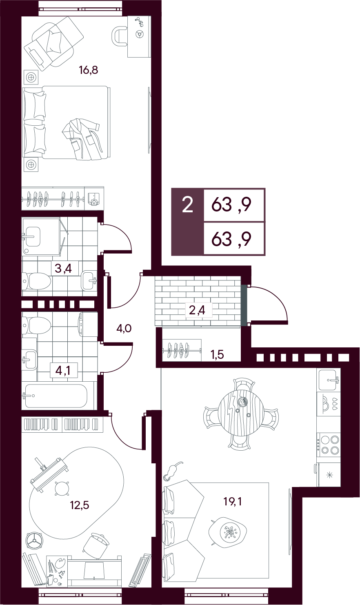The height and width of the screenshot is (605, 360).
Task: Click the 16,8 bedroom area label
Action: [x=88, y=70]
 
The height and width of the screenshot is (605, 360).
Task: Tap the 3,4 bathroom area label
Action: [x=63, y=269]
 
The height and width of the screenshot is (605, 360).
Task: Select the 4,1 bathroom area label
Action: [x=63, y=371]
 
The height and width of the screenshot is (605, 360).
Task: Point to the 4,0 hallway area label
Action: [x=124, y=329]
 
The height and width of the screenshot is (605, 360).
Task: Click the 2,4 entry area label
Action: [x=197, y=310]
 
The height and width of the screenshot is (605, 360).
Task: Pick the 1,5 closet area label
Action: [x=217, y=354]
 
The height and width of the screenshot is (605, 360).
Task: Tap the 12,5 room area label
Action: [x=80, y=505]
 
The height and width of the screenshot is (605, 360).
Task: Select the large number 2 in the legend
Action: [x=187, y=205]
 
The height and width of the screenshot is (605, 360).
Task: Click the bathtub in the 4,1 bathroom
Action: [x=56, y=396]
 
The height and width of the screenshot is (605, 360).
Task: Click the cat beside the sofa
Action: [x=172, y=472]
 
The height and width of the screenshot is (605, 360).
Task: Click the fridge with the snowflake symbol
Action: [x=329, y=475]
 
